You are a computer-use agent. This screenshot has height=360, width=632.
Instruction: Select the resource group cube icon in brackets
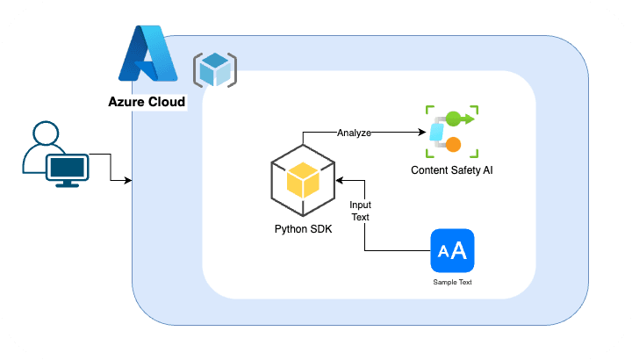[x=214, y=69]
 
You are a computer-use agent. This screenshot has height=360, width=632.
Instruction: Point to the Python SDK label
[x=303, y=230]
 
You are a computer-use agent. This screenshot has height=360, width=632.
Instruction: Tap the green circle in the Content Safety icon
[x=454, y=118]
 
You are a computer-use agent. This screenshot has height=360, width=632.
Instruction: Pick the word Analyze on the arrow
[x=354, y=133]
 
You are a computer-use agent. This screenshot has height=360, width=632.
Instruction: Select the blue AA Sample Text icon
[x=452, y=251]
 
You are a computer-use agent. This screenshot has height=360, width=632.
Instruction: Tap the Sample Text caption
[x=452, y=283]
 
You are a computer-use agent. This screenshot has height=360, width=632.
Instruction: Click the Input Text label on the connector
[x=360, y=210]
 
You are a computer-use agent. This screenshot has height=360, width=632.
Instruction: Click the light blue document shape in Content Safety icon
[x=436, y=133]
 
